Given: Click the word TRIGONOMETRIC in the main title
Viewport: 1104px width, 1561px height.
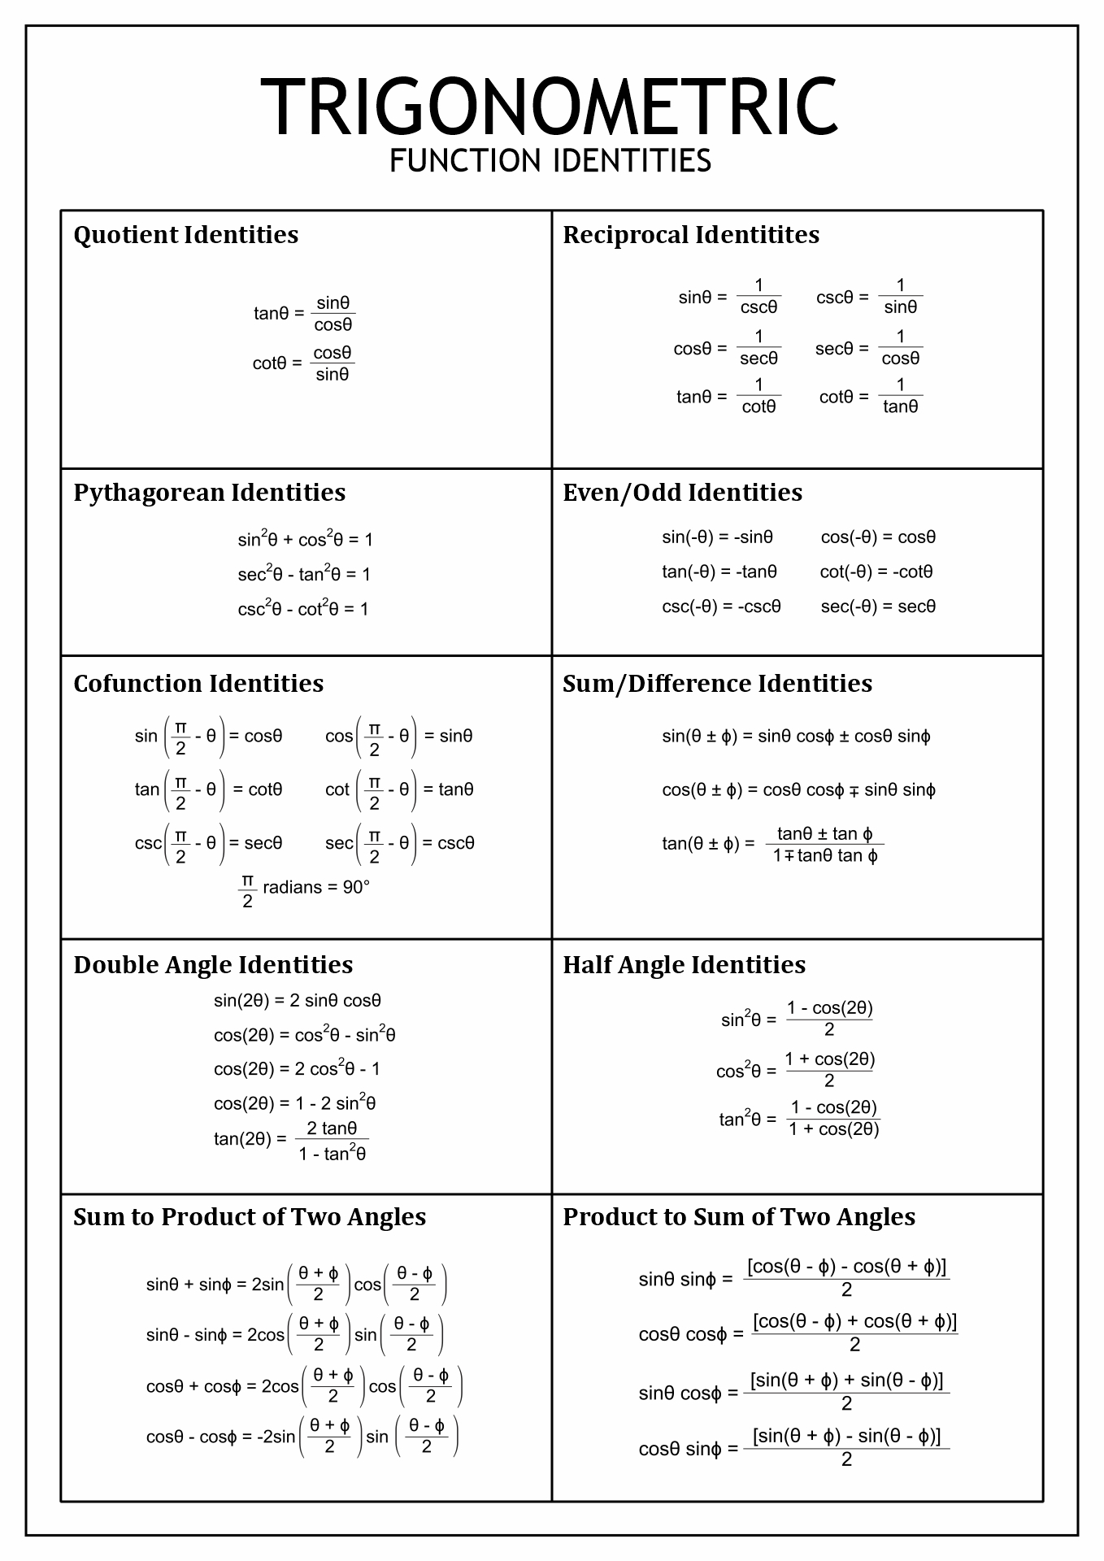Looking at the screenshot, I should [550, 107].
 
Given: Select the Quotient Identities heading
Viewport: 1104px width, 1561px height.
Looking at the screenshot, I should [185, 235].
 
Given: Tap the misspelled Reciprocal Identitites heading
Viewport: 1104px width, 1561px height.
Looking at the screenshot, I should [690, 235].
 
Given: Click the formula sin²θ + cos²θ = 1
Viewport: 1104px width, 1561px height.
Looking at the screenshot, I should [305, 539].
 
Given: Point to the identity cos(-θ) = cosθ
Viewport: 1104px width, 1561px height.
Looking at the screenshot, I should [878, 537].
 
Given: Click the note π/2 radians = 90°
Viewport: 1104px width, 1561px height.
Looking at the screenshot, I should [304, 889].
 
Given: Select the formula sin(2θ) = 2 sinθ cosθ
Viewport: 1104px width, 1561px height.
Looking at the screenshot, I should [297, 1001].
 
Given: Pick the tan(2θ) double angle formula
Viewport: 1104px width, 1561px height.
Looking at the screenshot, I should [291, 1139].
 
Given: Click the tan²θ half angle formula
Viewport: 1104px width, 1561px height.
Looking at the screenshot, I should [799, 1119].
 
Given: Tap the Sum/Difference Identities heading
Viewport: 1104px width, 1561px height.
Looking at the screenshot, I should [717, 684].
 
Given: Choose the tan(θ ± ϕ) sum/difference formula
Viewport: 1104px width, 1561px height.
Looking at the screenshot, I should [772, 844].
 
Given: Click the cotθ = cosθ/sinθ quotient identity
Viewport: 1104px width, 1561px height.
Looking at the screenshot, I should [303, 363].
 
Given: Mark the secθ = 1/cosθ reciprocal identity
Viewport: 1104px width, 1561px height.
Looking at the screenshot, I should [868, 349].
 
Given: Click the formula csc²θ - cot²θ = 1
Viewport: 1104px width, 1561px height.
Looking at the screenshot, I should [302, 609].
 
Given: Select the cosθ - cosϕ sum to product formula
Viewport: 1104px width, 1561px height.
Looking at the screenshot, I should [302, 1437].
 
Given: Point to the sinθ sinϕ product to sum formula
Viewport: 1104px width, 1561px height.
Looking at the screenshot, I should [793, 1279].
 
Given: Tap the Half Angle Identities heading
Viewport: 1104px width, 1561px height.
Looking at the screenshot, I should [684, 965].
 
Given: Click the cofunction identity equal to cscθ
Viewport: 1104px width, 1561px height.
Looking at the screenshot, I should [399, 843].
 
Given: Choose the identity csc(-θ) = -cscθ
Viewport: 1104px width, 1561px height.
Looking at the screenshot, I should [721, 607].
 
